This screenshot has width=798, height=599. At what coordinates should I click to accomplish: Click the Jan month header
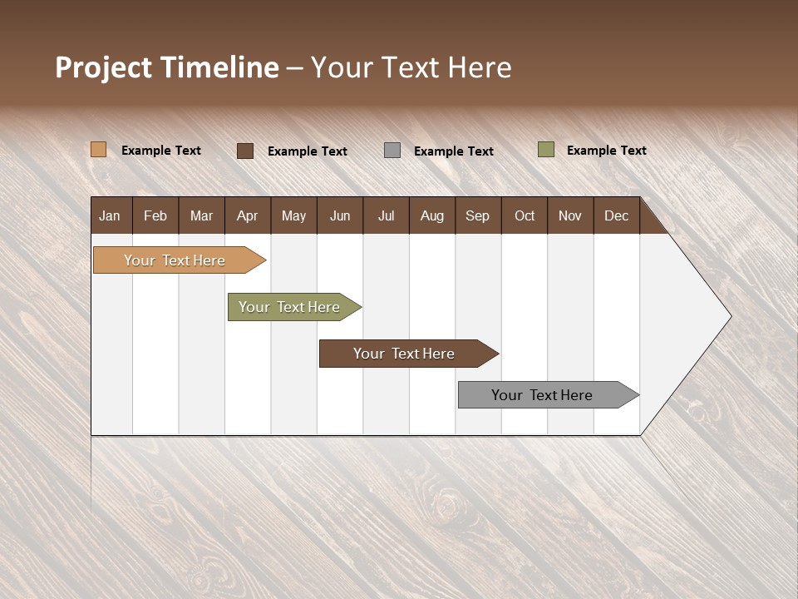pos(110,215)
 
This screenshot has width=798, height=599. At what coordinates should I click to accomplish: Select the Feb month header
pos(155,215)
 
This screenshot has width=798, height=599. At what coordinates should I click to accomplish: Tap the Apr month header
pos(247,215)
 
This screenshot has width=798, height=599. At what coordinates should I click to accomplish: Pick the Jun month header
pos(340,215)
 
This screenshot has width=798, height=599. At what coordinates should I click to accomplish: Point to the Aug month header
pos(431,215)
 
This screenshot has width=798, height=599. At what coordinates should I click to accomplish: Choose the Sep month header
pos(477,215)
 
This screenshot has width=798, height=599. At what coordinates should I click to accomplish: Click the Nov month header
pos(569,215)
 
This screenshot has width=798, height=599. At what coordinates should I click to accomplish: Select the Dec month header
pos(616,215)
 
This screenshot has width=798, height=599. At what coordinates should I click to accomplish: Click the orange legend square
pos(99,150)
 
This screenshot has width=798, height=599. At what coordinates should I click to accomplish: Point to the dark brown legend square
pos(245,151)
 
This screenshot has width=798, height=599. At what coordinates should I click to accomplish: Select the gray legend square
pos(392,151)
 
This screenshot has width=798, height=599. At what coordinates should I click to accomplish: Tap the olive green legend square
pos(545,150)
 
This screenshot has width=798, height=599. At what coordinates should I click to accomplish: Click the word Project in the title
pos(105,67)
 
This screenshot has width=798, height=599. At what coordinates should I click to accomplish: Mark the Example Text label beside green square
pos(606,151)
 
